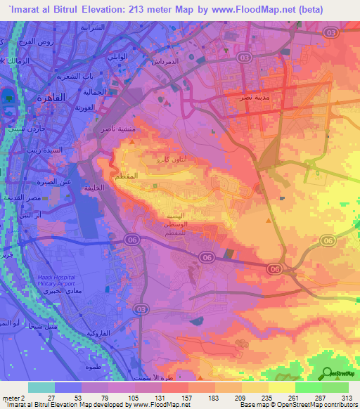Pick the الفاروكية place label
pyautogui.click(x=96, y=333)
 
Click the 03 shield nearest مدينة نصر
pyautogui.click(x=245, y=58)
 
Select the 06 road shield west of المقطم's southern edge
pyautogui.click(x=131, y=240)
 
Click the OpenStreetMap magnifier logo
pyautogui.click(x=326, y=374)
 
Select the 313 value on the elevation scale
pyautogui.click(x=347, y=397)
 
